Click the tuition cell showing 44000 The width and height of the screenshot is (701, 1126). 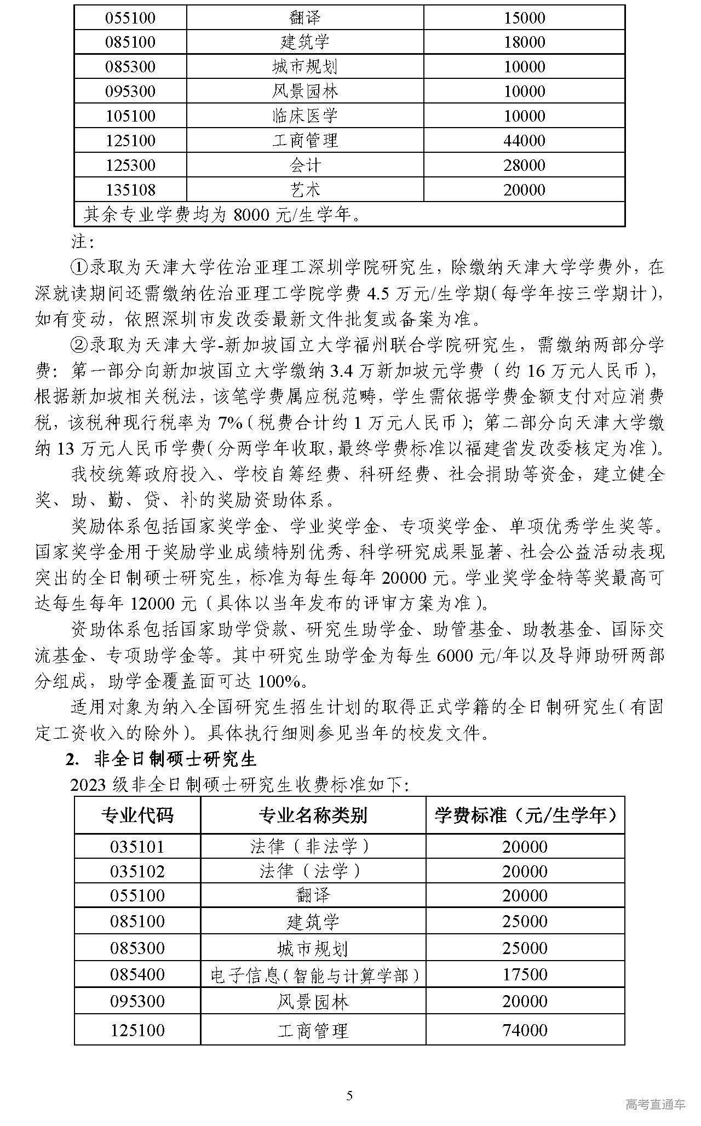524,141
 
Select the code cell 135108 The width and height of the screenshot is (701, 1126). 130,190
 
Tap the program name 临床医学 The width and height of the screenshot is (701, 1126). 305,116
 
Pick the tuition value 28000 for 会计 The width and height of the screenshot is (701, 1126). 524,165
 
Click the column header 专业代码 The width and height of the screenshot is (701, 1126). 137,815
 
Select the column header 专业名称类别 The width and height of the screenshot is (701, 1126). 313,815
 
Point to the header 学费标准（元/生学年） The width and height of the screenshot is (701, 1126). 525,815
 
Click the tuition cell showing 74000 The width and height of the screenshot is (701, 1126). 525,1030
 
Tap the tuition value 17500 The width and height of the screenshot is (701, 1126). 525,974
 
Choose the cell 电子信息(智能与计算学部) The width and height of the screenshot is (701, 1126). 313,975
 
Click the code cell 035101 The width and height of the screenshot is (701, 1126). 137,847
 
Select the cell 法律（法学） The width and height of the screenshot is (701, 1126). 313,871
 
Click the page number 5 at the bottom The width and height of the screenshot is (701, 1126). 350,1095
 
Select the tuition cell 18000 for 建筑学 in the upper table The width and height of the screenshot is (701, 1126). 524,42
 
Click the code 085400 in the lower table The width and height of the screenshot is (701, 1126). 137,974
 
